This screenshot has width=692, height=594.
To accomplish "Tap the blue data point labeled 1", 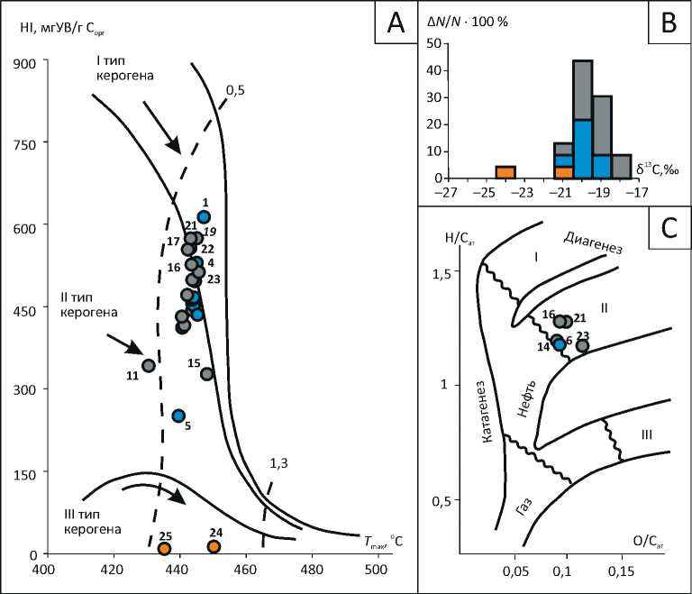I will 205,216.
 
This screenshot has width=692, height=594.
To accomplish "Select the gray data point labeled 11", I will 149,365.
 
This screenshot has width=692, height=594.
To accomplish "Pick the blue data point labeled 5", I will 178,416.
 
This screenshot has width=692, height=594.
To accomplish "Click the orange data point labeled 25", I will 164,548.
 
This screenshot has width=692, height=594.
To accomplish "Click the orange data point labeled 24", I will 214,546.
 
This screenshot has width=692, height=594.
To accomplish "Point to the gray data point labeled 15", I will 207,373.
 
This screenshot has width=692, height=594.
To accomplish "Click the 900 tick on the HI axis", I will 22,63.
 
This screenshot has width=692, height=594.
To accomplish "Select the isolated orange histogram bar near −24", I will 505,172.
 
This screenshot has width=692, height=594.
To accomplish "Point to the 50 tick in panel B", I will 433,42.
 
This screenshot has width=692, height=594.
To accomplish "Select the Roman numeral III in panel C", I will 647,435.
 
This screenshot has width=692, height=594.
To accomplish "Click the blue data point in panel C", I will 560,343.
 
